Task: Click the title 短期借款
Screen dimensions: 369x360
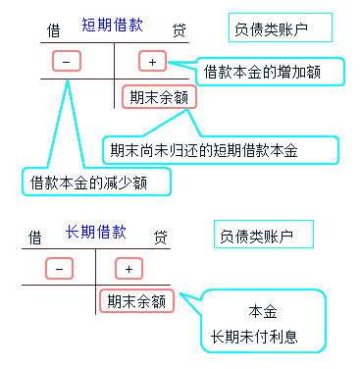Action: [x=110, y=25]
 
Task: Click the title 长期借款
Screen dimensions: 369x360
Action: [x=95, y=232]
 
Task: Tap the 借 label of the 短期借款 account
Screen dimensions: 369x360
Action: [x=54, y=29]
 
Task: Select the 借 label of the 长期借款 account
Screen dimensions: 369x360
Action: [x=35, y=237]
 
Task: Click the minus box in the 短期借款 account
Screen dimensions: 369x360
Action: [x=65, y=62]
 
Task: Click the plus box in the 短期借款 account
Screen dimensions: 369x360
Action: [x=153, y=62]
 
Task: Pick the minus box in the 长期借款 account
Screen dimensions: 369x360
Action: [x=59, y=268]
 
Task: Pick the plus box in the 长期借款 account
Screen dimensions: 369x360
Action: [x=129, y=268]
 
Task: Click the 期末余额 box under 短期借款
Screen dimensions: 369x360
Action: [x=159, y=96]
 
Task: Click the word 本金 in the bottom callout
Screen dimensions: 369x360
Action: [x=262, y=311]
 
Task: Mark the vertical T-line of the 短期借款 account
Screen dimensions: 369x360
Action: [x=115, y=79]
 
